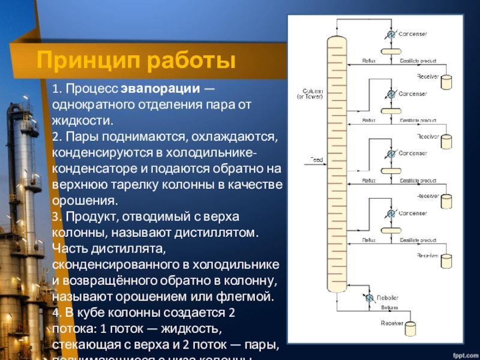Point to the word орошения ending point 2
click(81, 200)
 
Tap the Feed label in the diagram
click(316, 160)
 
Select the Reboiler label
click(387, 298)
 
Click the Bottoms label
click(389, 307)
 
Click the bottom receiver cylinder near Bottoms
click(410, 329)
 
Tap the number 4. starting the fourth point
click(56, 313)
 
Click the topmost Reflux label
click(368, 61)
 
